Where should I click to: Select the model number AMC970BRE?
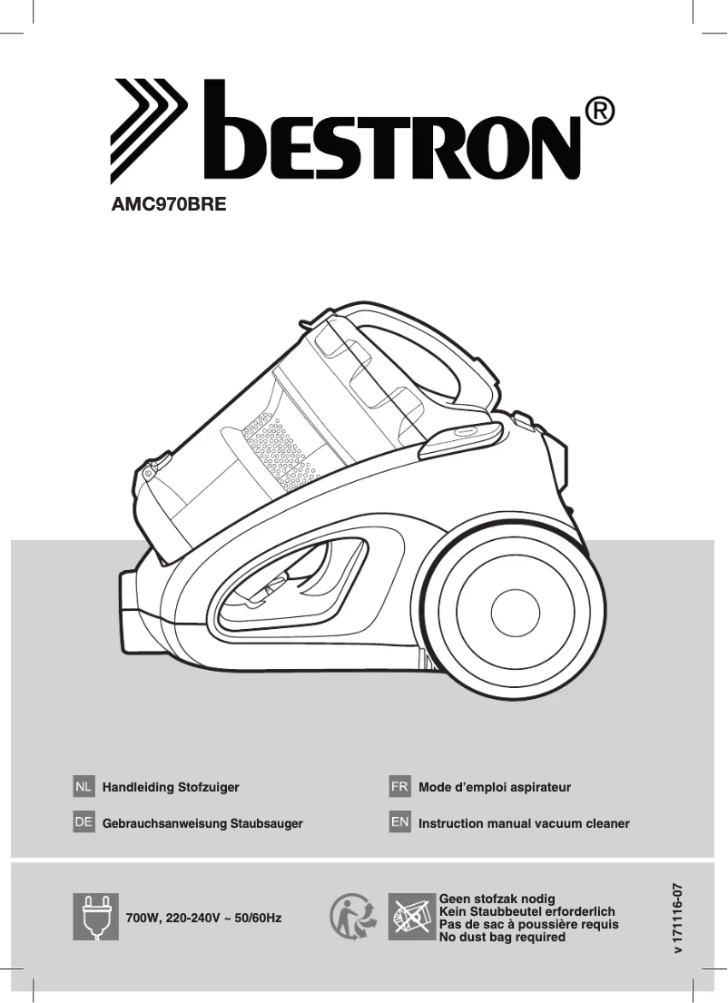(x=167, y=205)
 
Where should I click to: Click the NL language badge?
(x=84, y=786)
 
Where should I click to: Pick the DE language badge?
(x=84, y=822)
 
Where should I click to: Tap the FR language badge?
(x=399, y=786)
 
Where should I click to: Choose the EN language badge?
(x=399, y=822)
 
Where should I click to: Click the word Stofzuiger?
(x=209, y=787)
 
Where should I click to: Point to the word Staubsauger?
(x=266, y=823)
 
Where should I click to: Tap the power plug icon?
(x=95, y=917)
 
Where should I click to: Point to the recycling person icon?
(x=353, y=916)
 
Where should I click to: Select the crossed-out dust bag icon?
(x=411, y=916)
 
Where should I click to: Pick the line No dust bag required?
(x=502, y=937)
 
